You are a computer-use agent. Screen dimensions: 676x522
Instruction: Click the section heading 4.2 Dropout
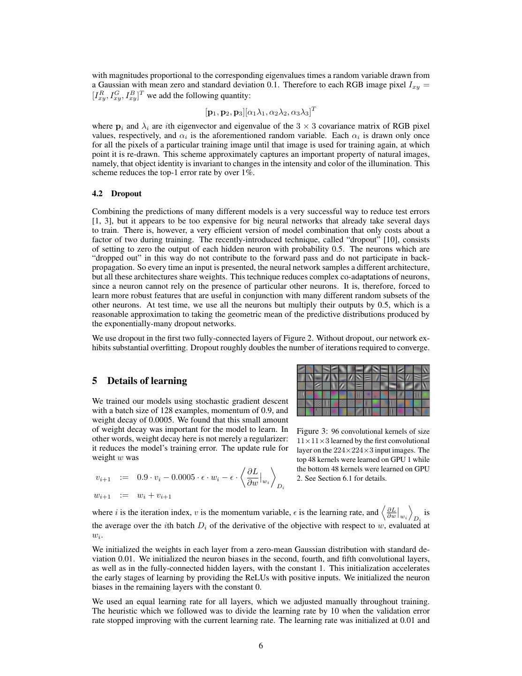116,193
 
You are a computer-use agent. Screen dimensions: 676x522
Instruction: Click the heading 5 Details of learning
139,381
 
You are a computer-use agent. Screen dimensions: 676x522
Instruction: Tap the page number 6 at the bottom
261,645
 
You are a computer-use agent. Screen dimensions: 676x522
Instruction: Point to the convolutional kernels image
363,390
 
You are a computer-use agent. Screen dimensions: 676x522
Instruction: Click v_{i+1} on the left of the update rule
103,478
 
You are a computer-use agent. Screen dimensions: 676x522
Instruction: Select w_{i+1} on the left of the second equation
103,496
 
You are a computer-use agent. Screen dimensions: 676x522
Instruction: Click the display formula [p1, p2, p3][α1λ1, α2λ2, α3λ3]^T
261,112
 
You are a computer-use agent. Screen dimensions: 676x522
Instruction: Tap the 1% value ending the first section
246,173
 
